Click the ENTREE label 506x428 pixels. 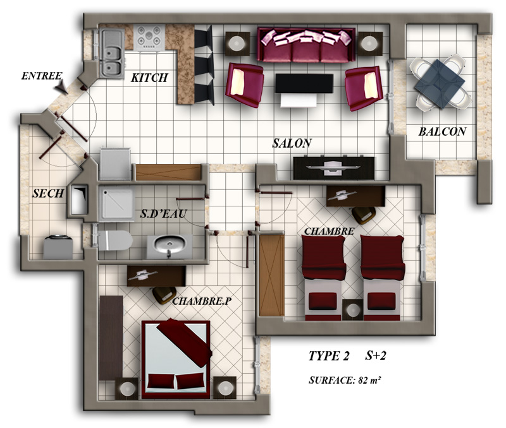(42, 76)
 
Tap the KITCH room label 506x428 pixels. (149, 78)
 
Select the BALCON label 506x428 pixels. (442, 131)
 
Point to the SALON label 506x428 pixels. (292, 143)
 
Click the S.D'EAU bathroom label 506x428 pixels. (163, 213)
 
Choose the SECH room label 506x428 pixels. (48, 193)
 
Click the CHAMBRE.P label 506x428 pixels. (202, 301)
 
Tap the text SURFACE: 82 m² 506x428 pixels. (345, 380)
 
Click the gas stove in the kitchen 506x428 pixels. (149, 38)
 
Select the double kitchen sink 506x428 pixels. (112, 53)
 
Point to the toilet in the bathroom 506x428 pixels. (115, 241)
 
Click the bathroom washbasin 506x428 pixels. (170, 246)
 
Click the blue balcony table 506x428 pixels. (440, 84)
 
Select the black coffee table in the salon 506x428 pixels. (304, 84)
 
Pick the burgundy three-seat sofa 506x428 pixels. (306, 45)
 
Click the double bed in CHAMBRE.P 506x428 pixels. (176, 359)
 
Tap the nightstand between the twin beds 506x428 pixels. (352, 309)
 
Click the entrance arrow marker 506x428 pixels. (61, 87)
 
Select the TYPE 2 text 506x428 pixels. (328, 356)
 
